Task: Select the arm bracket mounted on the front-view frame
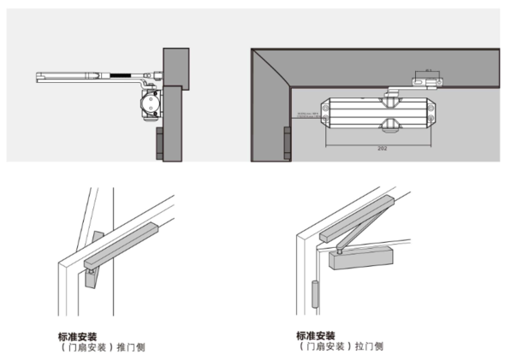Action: coord(427,80)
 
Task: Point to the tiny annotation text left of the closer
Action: coord(303,113)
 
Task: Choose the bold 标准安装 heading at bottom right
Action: coord(315,336)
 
